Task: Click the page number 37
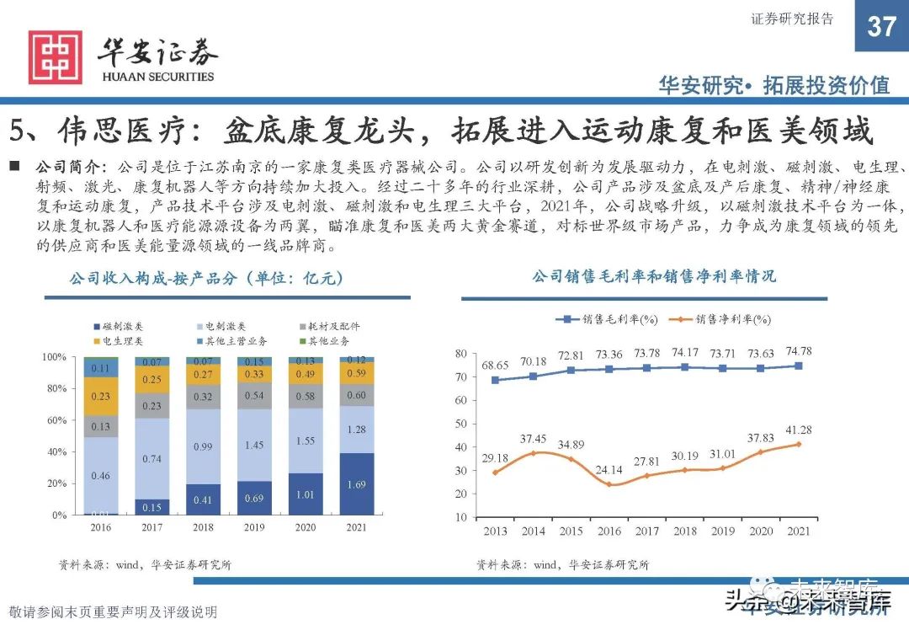881,26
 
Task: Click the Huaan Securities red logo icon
56,57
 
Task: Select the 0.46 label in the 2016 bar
101,476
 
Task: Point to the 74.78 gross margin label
797,350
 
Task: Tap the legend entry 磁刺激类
117,326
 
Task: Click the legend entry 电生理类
117,340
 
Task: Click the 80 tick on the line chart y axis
460,355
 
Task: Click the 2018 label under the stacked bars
203,528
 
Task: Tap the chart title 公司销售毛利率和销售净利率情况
653,276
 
